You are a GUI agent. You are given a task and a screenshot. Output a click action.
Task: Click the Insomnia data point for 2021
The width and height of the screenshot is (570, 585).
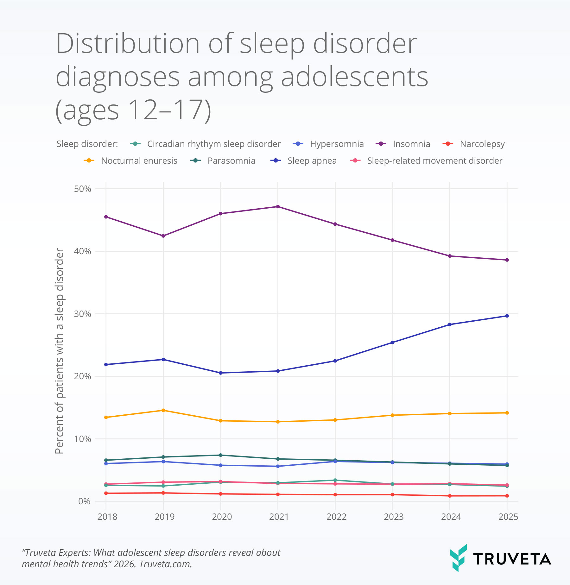[278, 207]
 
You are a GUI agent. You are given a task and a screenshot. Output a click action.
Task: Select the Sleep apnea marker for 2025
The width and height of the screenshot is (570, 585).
[507, 316]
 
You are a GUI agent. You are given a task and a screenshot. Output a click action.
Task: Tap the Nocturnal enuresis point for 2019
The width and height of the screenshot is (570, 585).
[163, 410]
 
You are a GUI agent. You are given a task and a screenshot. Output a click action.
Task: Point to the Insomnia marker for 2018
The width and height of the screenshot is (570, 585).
[106, 217]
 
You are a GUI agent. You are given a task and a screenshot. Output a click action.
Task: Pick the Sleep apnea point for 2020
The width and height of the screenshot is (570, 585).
[220, 373]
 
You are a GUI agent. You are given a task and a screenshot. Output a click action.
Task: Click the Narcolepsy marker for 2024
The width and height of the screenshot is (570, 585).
[450, 496]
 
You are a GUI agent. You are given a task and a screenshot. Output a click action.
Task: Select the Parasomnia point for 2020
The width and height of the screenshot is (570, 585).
[220, 455]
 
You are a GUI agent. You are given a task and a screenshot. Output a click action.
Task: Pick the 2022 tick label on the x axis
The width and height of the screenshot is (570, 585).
[336, 517]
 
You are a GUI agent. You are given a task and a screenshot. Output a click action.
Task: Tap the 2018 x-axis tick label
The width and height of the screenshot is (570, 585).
[107, 517]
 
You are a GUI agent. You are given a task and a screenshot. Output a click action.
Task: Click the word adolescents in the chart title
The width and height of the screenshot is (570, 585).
[354, 77]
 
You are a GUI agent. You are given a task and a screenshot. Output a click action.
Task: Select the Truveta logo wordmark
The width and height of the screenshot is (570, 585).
[512, 559]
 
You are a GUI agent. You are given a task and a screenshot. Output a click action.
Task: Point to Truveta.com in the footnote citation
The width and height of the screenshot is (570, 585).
[165, 564]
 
